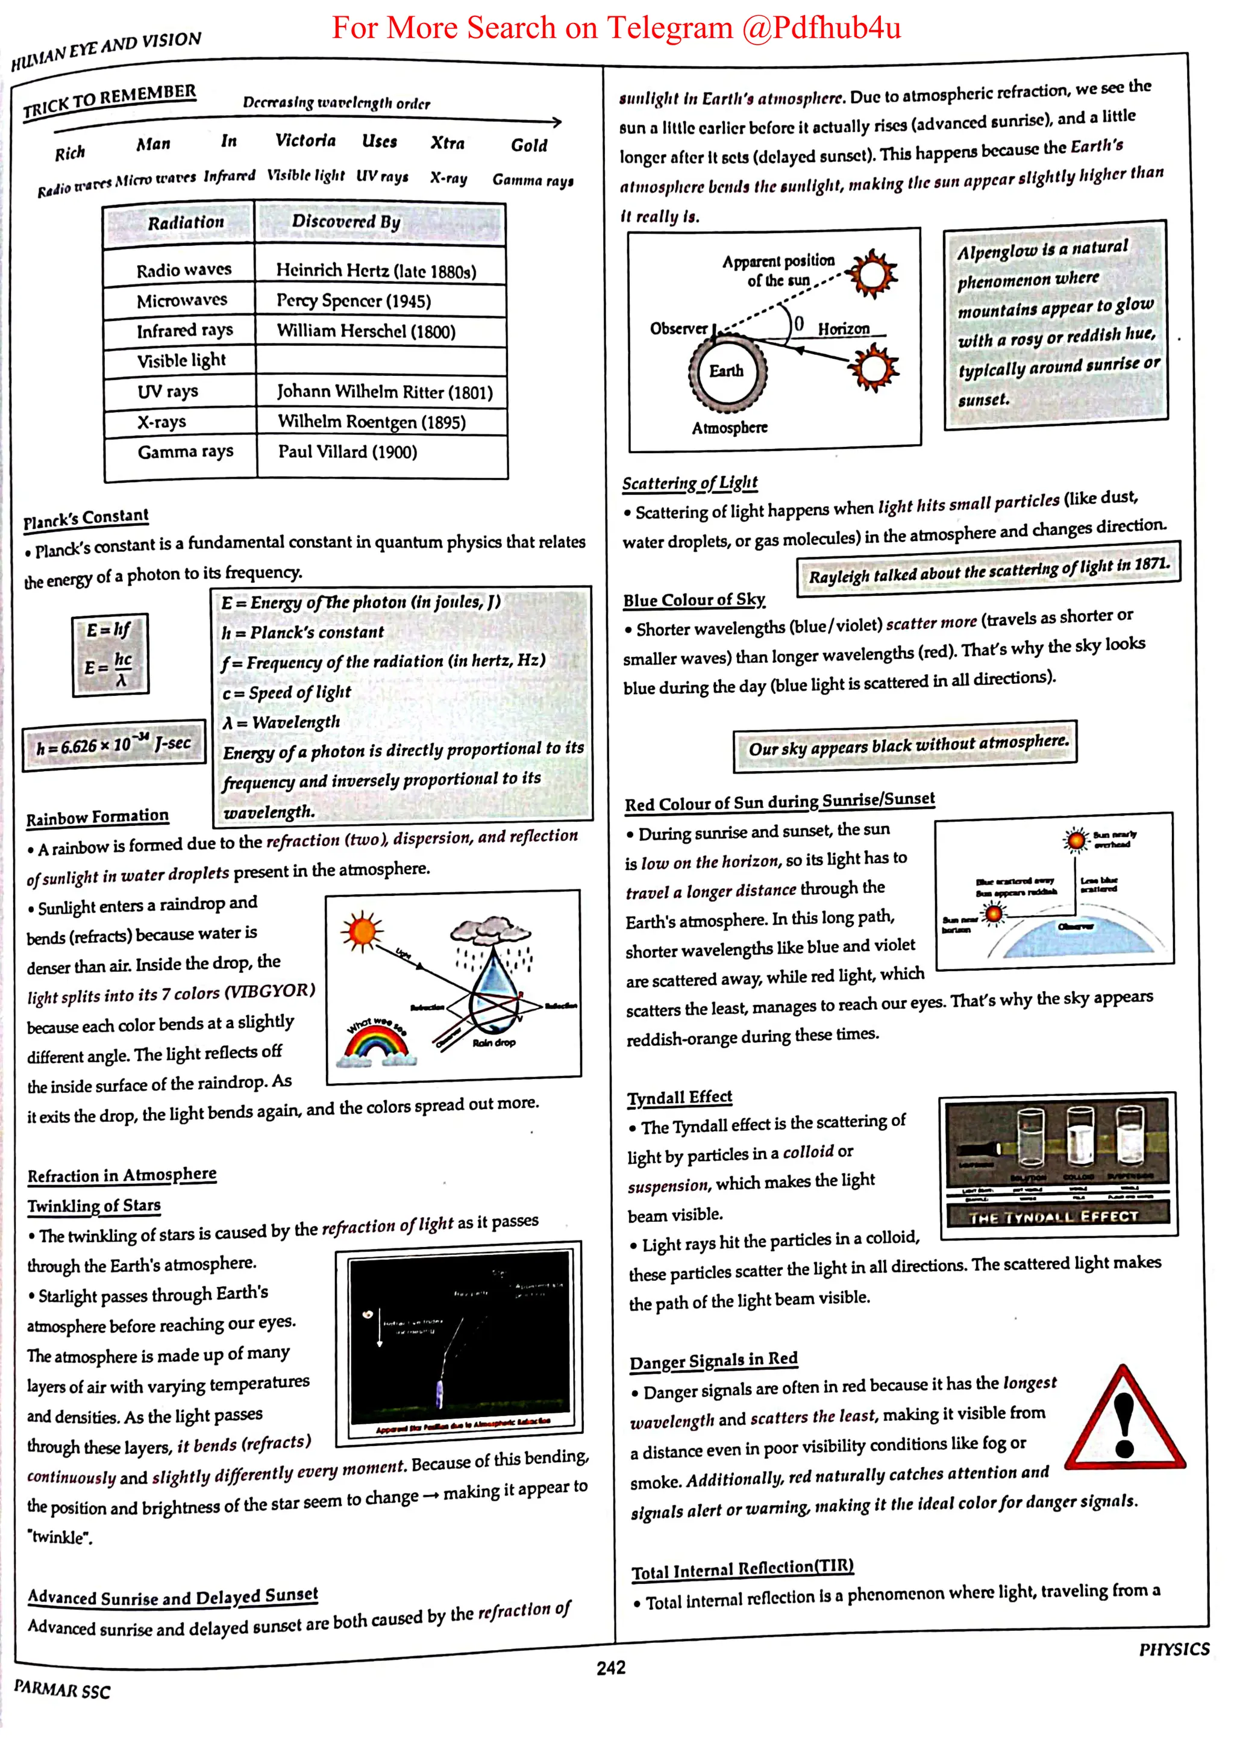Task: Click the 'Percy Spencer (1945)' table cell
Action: [x=354, y=301]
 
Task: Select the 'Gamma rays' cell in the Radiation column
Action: [x=185, y=452]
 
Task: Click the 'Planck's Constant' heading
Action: [x=86, y=519]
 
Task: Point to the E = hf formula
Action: [x=108, y=630]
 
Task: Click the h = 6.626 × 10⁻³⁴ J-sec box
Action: [x=114, y=745]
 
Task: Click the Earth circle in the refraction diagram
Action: [x=727, y=371]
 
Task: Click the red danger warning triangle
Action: [x=1124, y=1424]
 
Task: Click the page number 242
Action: [x=610, y=1668]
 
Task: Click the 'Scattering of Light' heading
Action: [x=690, y=484]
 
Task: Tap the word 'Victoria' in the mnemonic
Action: [x=305, y=141]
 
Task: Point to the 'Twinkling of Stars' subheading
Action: [x=94, y=1206]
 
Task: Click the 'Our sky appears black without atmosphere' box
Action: [x=908, y=745]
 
